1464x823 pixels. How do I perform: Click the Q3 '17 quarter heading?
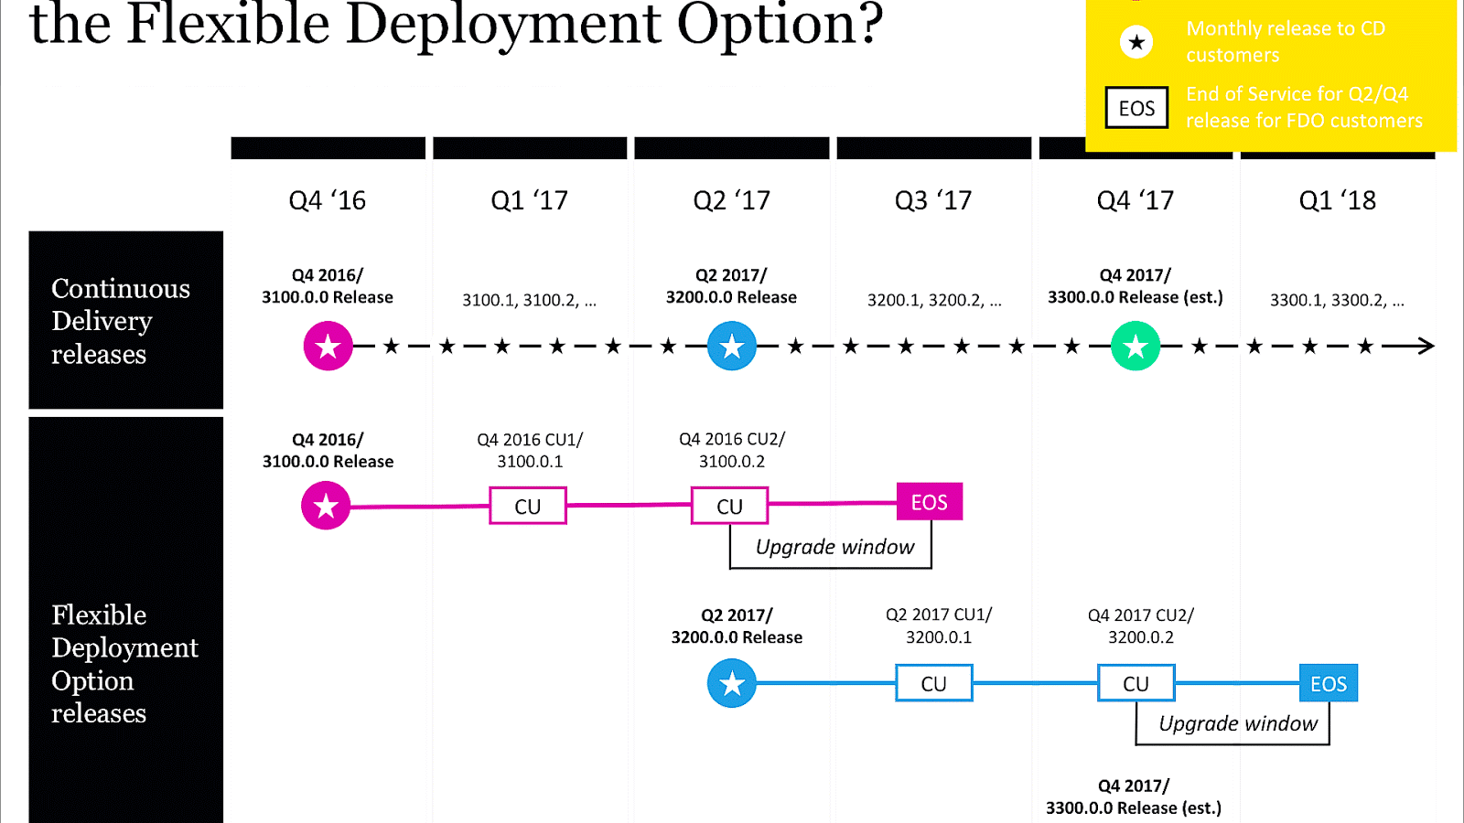click(x=932, y=200)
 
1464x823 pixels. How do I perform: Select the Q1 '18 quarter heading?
click(x=1337, y=200)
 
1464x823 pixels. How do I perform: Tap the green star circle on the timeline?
click(x=1135, y=347)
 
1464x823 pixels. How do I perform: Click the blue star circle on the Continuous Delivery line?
click(x=731, y=347)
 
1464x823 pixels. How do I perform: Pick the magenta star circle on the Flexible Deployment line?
click(x=326, y=506)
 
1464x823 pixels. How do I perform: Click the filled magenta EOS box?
click(x=929, y=502)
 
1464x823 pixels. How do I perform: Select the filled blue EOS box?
click(x=1328, y=683)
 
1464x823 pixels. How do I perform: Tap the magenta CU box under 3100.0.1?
click(x=528, y=506)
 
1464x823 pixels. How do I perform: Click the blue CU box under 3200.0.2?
click(x=1136, y=683)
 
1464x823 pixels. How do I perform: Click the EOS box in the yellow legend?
click(x=1136, y=108)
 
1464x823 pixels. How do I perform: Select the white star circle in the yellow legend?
click(x=1136, y=42)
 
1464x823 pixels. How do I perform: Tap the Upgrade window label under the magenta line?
click(x=834, y=547)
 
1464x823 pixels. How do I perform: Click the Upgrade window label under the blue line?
click(x=1238, y=723)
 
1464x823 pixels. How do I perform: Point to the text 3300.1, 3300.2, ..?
click(x=1337, y=300)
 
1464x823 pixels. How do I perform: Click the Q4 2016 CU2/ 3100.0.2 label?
click(x=732, y=450)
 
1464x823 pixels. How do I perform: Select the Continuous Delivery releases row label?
click(x=121, y=321)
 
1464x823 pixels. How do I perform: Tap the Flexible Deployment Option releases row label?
click(x=124, y=664)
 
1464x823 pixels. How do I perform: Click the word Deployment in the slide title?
click(x=502, y=24)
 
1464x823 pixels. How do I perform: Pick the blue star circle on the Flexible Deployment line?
click(x=731, y=683)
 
